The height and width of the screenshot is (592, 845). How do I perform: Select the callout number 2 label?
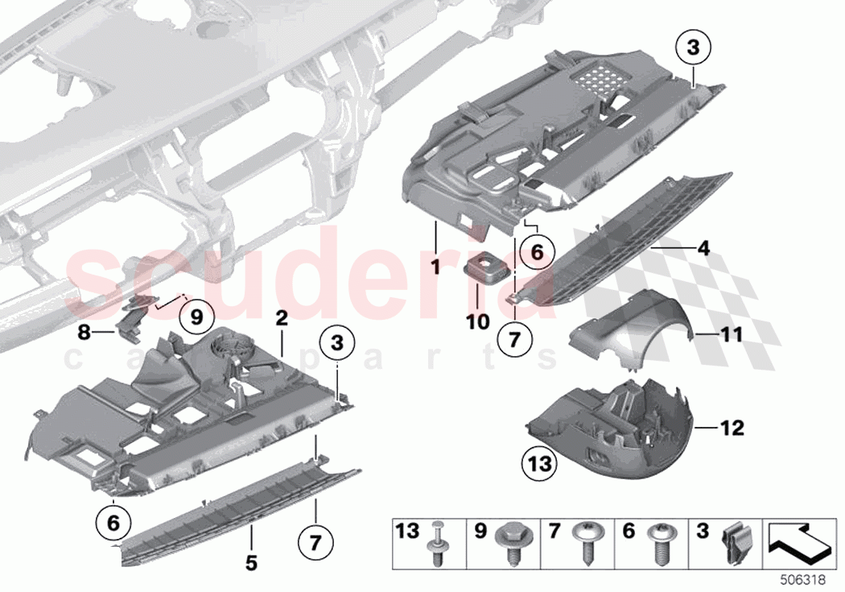pyautogui.click(x=281, y=319)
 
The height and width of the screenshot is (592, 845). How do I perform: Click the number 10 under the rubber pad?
pyautogui.click(x=477, y=321)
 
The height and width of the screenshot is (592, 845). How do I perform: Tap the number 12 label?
pyautogui.click(x=733, y=428)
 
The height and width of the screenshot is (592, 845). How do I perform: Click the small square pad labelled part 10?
pyautogui.click(x=484, y=267)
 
